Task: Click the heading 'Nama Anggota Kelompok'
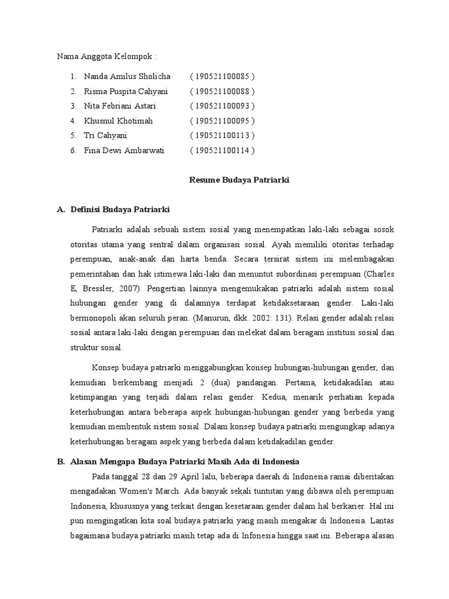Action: click(106, 57)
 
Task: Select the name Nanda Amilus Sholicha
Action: click(127, 77)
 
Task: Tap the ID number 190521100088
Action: click(222, 91)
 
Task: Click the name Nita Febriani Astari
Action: click(120, 106)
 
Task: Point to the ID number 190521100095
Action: click(222, 121)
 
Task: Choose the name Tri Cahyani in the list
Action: click(105, 136)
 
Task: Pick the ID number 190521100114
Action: click(222, 150)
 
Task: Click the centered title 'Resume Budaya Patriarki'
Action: click(239, 180)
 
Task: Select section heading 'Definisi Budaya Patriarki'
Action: click(119, 209)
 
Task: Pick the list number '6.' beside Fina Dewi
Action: click(74, 150)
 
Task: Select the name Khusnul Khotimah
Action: click(119, 121)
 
